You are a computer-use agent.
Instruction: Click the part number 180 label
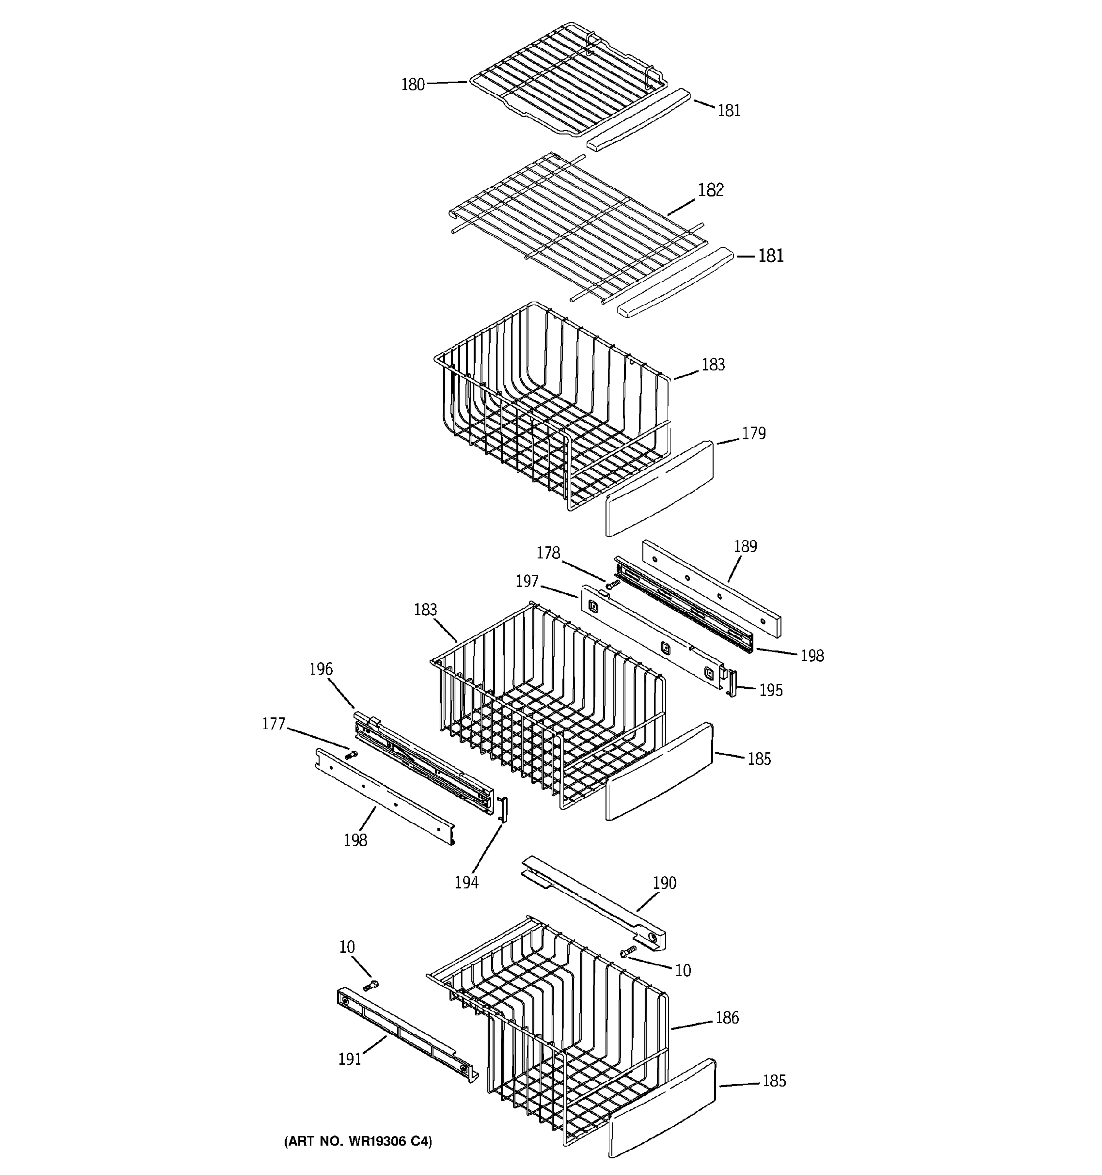[x=413, y=85]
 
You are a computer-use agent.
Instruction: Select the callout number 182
[x=710, y=190]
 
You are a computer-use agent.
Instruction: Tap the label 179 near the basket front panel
[x=753, y=433]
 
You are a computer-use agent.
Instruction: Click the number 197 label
[x=527, y=581]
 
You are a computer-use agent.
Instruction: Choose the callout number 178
[x=548, y=553]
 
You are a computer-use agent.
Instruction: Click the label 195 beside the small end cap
[x=770, y=690]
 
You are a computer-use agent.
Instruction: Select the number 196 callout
[x=321, y=669]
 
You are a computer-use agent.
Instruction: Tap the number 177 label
[x=274, y=724]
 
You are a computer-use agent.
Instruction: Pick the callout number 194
[x=466, y=882]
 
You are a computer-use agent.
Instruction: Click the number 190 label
[x=664, y=883]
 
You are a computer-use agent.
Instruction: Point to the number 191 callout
[x=349, y=1059]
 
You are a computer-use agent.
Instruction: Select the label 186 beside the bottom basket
[x=727, y=1017]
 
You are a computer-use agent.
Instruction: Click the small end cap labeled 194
[x=503, y=809]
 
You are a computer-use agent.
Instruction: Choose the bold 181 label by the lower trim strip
[x=770, y=256]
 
